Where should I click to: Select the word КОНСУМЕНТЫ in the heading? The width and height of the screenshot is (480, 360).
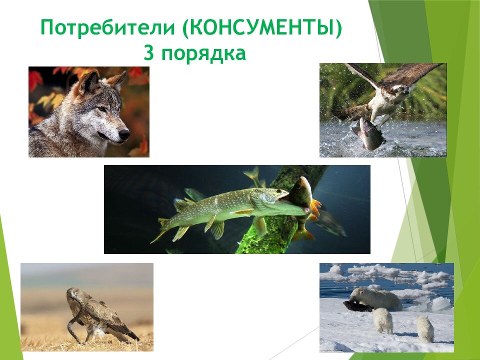point(262,28)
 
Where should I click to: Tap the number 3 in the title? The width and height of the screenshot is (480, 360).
point(148,52)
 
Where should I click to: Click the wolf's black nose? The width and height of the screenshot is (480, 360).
point(124,133)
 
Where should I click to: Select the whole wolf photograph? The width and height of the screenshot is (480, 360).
point(88,112)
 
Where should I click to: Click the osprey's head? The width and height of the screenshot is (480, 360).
point(400,90)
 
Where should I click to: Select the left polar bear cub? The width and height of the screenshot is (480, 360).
point(382,320)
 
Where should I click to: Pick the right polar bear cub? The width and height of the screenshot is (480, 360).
point(425,328)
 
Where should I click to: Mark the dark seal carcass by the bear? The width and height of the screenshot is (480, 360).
point(356,306)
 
